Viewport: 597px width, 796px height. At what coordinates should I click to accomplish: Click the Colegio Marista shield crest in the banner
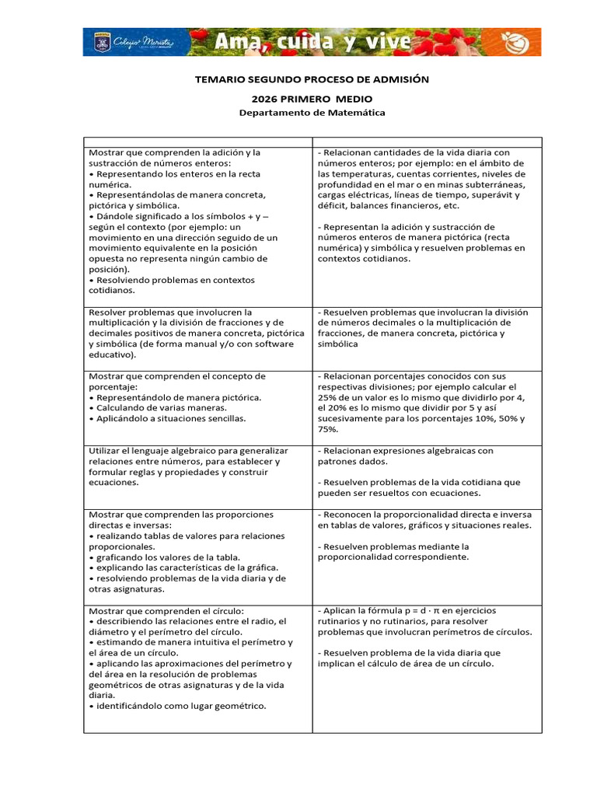[99, 42]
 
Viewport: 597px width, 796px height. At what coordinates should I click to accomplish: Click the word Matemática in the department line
[356, 113]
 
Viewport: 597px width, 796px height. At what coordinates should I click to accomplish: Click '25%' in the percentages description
[329, 397]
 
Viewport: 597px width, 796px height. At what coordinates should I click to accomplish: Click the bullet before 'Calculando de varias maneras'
[91, 407]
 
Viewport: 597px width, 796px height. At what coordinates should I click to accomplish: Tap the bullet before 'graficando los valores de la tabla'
[91, 557]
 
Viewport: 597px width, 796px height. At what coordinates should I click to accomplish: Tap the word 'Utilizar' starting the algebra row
[106, 451]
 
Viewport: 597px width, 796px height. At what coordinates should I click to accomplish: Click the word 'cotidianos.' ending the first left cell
[111, 291]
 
